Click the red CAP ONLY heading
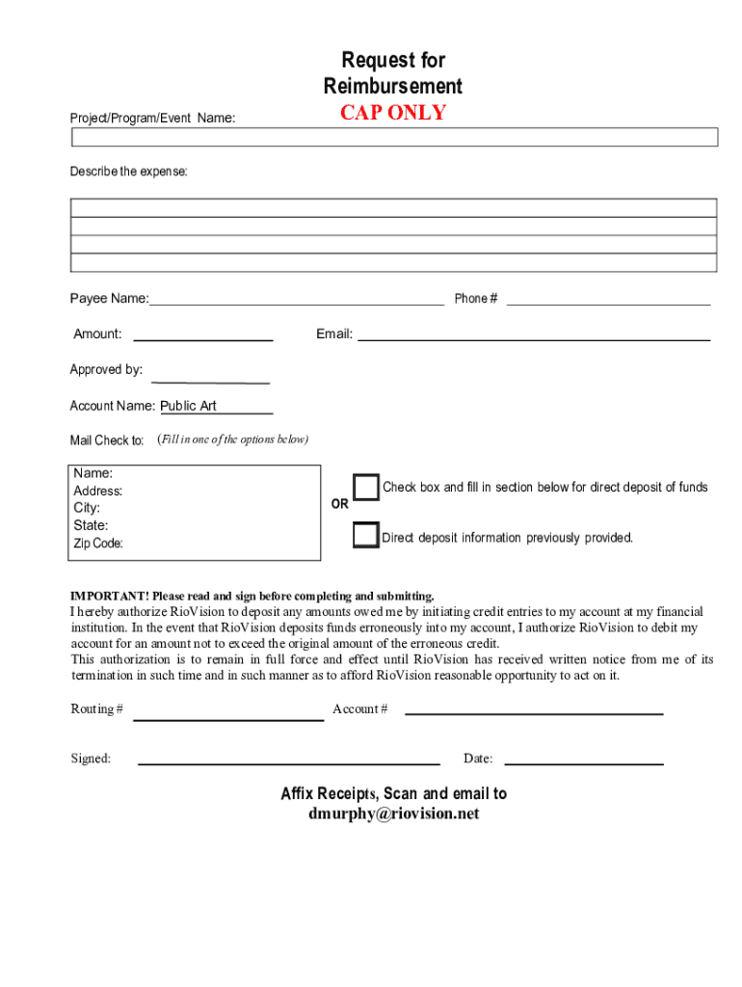click(x=392, y=113)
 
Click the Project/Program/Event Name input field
click(x=394, y=137)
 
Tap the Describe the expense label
click(x=128, y=172)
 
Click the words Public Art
click(x=188, y=406)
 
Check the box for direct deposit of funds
click(x=365, y=488)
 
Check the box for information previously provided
click(x=365, y=535)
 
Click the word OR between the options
click(x=340, y=504)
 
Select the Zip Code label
click(x=98, y=544)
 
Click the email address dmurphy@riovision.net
click(x=393, y=814)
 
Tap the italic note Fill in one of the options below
click(x=232, y=440)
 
